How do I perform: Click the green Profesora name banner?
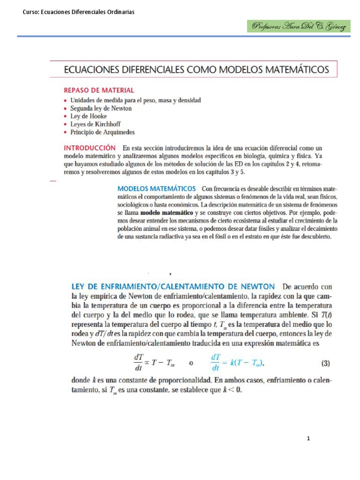pos(299,26)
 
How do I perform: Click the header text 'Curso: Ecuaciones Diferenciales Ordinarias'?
pos(79,12)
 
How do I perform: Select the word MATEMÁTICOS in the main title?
pos(290,70)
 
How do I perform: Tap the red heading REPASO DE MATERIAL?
pos(99,90)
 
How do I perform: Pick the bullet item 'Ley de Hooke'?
pos(89,116)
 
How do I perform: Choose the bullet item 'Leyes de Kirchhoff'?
pos(96,124)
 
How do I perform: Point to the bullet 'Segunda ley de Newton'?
pos(101,108)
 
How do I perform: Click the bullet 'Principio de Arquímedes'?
pos(102,132)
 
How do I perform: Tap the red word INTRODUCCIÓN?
pos(90,147)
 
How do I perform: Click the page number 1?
pos(308,439)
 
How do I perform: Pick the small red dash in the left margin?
pos(52,180)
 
